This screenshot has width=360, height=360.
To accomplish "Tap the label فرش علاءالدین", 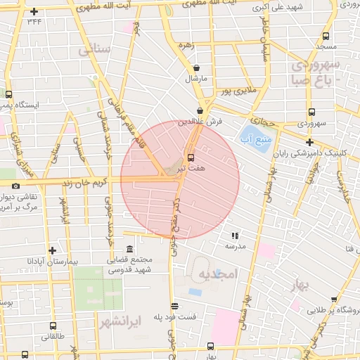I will tap(200, 121).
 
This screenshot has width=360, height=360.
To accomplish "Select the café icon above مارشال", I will tap(196, 68).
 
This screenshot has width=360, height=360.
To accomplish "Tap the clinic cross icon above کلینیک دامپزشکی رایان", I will tap(309, 142).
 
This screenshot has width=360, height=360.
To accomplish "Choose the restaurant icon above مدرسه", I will tap(235, 236).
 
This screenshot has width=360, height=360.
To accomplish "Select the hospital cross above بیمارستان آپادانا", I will tap(52, 250).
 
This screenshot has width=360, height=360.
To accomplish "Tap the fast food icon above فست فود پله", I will tap(174, 306).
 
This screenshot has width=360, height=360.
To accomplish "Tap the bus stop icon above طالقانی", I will tap(53, 326).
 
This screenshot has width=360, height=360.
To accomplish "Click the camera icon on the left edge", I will tap(15, 186).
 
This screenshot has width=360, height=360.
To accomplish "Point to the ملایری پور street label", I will tap(237, 91).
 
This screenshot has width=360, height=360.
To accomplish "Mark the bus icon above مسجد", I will tap(326, 36).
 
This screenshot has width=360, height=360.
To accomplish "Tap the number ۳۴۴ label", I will tap(34, 22).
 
